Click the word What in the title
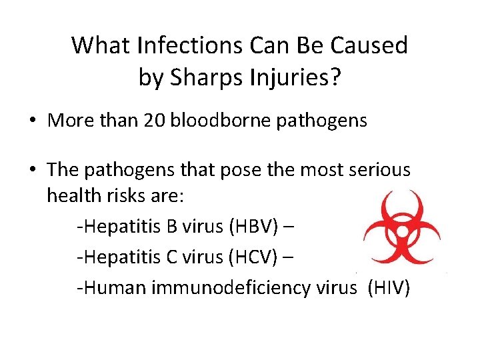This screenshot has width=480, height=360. (100, 46)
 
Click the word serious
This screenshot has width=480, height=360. (377, 170)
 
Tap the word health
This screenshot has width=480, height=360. (73, 197)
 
